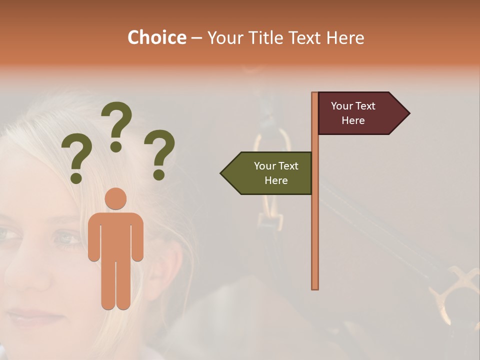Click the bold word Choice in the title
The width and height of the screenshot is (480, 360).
tap(156, 37)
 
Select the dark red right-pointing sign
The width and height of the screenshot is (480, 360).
tap(357, 113)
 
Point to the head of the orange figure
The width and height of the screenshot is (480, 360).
tap(116, 198)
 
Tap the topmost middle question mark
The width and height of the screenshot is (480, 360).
tap(116, 125)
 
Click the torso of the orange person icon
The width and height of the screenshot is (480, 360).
tap(116, 235)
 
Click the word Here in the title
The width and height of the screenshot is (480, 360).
tap(342, 38)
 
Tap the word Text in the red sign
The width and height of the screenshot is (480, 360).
tap(365, 106)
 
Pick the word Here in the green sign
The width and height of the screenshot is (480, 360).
tap(276, 180)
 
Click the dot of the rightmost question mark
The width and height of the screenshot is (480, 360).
tap(159, 175)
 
